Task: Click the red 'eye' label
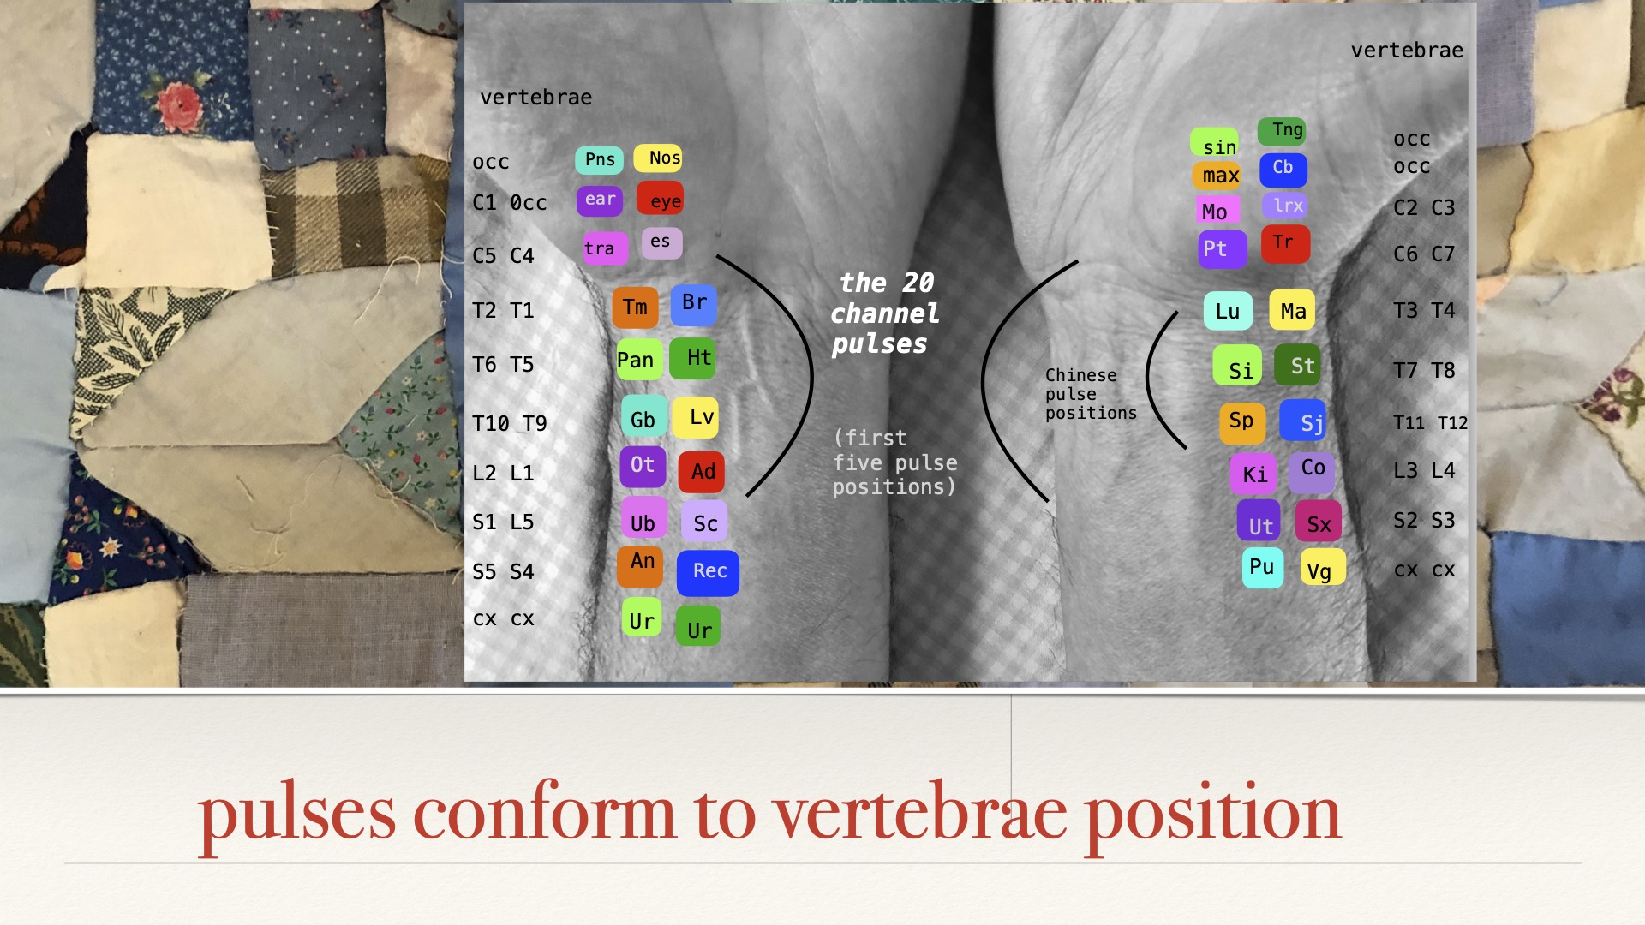tap(660, 199)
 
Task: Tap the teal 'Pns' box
tap(599, 160)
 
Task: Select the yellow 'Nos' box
tap(658, 158)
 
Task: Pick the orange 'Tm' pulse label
tap(635, 307)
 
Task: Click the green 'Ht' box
tap(692, 358)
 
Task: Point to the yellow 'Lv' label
tap(695, 417)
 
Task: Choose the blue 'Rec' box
tap(708, 573)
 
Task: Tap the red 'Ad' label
tap(702, 472)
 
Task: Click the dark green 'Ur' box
tap(698, 626)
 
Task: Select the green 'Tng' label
tap(1282, 131)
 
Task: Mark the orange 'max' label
tap(1217, 176)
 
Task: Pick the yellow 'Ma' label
tap(1292, 310)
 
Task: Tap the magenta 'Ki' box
tap(1253, 474)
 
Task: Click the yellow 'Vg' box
tap(1323, 568)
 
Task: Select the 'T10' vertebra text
tap(491, 424)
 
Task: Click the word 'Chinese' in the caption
tap(1081, 375)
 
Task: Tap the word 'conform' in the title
tap(545, 814)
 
